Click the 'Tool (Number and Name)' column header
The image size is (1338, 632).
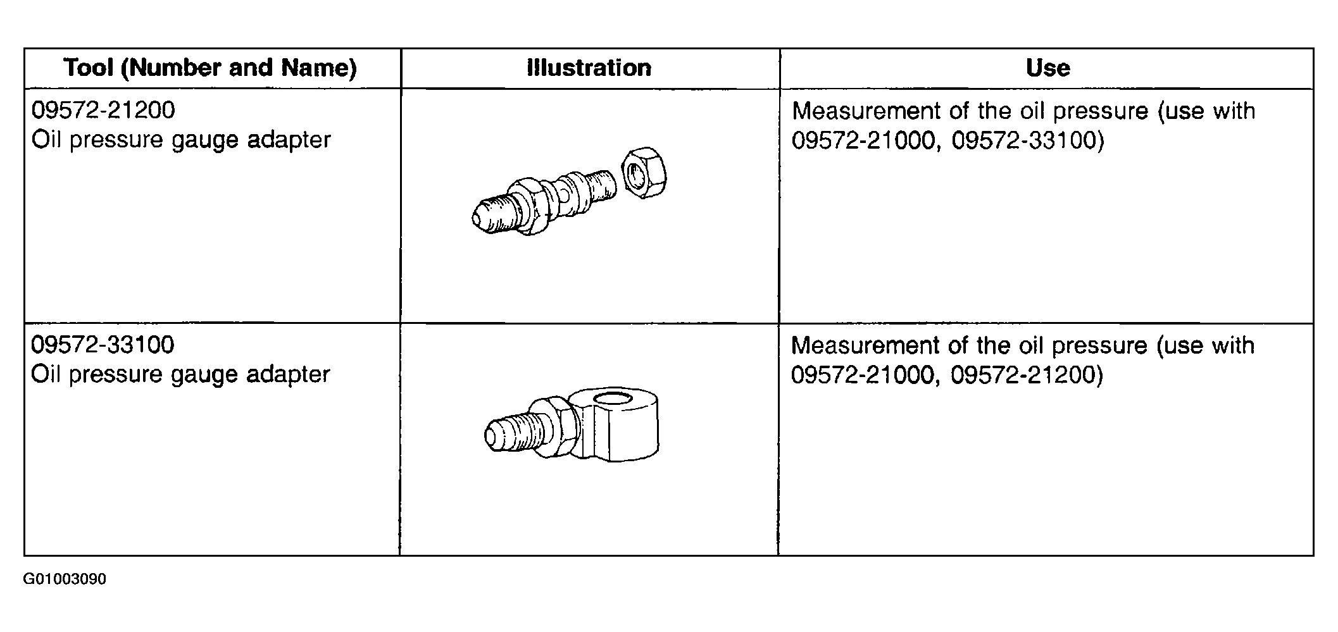point(211,68)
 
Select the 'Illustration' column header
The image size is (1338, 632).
point(589,68)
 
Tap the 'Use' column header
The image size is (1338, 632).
point(1048,68)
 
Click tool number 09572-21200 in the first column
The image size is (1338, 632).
point(103,110)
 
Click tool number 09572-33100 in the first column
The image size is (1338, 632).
point(103,345)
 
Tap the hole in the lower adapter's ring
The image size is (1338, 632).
point(613,399)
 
